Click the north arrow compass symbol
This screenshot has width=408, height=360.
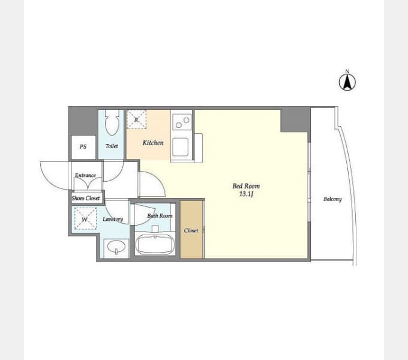pyautogui.click(x=347, y=82)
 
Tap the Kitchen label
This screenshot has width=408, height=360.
pyautogui.click(x=153, y=143)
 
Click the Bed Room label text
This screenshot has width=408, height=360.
pyautogui.click(x=246, y=186)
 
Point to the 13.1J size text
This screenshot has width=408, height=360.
pyautogui.click(x=246, y=194)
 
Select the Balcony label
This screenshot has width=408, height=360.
pyautogui.click(x=332, y=199)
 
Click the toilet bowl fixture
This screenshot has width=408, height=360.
pyautogui.click(x=112, y=122)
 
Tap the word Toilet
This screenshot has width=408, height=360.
pyautogui.click(x=112, y=146)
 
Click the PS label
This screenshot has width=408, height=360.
pyautogui.click(x=83, y=147)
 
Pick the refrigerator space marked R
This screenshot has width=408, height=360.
pyautogui.click(x=137, y=119)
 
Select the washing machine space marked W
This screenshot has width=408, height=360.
pyautogui.click(x=85, y=218)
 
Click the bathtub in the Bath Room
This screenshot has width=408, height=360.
pyautogui.click(x=155, y=245)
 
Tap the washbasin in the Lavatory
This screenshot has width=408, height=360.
pyautogui.click(x=116, y=247)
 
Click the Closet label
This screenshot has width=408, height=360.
pyautogui.click(x=191, y=230)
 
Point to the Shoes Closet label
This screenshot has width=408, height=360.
pyautogui.click(x=86, y=198)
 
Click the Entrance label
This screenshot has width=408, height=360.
pyautogui.click(x=85, y=175)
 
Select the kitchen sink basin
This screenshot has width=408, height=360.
pyautogui.click(x=180, y=147)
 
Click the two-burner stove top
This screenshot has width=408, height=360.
pyautogui.click(x=182, y=122)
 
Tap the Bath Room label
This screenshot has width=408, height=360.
pyautogui.click(x=160, y=215)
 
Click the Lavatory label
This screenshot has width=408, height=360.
pyautogui.click(x=113, y=219)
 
